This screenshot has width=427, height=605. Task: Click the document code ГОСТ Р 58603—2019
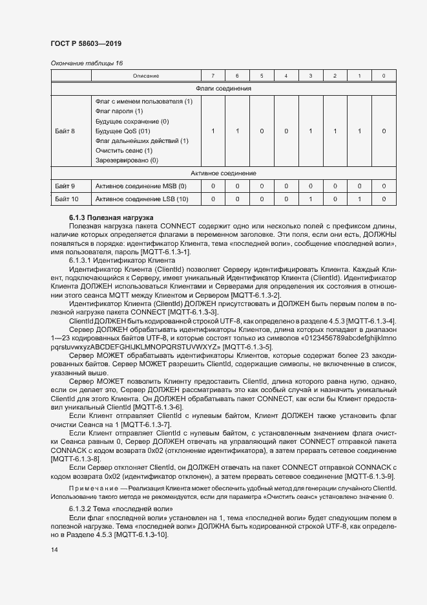tap(85, 43)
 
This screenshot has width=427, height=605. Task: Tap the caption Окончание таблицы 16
tap(86, 63)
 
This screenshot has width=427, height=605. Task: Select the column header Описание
tap(146, 76)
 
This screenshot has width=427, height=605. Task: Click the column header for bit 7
tap(213, 76)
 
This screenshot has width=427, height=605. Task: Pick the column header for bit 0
tap(384, 76)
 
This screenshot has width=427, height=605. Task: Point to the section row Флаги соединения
tap(223, 88)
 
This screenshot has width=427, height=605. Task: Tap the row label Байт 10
tap(67, 199)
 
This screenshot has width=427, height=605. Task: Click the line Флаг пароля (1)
tap(119, 111)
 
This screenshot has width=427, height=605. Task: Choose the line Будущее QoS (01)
tap(123, 131)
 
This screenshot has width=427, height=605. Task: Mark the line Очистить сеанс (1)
tap(123, 150)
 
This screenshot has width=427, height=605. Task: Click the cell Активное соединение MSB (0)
tap(140, 186)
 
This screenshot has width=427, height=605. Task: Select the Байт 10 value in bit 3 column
tap(311, 199)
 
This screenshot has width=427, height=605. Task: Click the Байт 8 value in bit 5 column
tap(262, 131)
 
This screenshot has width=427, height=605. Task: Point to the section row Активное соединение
tap(223, 173)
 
